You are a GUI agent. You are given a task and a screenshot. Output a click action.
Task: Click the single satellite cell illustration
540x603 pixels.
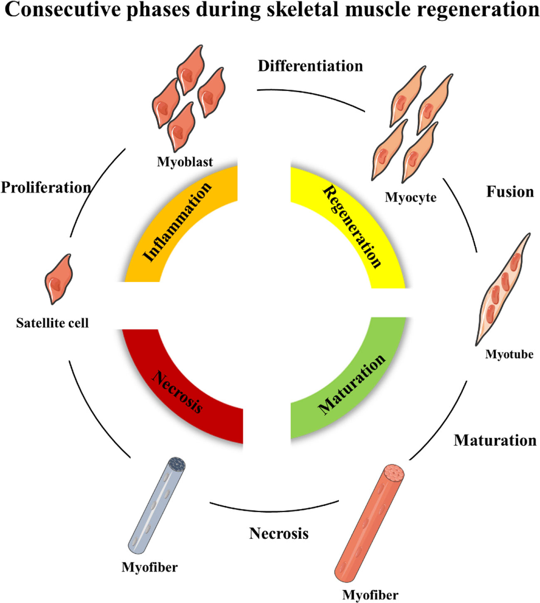[x=58, y=279]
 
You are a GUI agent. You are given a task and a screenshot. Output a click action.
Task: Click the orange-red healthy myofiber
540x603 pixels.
[x=369, y=522]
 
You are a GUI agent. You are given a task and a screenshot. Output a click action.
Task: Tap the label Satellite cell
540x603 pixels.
[x=52, y=323]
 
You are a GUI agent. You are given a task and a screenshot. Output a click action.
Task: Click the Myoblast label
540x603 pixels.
[x=185, y=162]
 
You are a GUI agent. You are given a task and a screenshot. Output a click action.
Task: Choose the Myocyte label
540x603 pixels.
[x=410, y=197]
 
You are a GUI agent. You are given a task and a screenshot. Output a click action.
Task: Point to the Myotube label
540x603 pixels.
[x=509, y=354]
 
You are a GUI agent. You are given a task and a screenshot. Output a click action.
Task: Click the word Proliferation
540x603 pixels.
[x=45, y=187]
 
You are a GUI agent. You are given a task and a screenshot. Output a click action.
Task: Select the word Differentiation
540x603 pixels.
[x=310, y=66]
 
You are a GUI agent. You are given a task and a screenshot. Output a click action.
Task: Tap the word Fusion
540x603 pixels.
[x=510, y=192]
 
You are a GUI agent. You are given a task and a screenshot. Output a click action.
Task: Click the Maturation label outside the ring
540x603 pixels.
[x=495, y=440]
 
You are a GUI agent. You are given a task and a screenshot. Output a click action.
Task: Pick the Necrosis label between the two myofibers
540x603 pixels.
[x=279, y=534]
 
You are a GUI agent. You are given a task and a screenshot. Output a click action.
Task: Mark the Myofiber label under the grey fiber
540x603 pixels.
[x=149, y=567]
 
